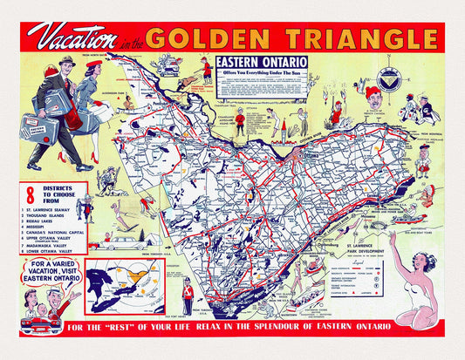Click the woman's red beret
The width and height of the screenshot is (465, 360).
click(96, 65)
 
